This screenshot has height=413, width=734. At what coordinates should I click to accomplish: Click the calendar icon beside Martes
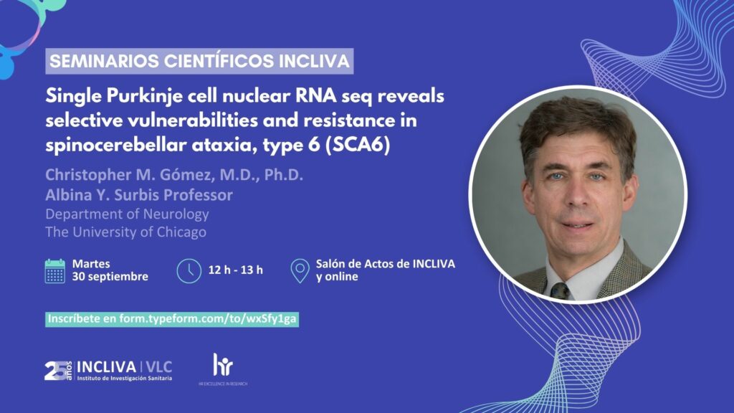point(54,271)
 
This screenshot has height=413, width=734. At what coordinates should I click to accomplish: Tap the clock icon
point(189,270)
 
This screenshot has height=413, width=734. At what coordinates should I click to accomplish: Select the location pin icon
point(300,270)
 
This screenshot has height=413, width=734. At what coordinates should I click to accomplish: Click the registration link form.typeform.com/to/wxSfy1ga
point(208,319)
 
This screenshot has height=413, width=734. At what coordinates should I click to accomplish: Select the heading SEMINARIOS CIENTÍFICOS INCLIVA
point(199,61)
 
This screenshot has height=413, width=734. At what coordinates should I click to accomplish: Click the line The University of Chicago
point(126,232)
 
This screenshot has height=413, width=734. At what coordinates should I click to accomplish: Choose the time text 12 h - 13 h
point(235,270)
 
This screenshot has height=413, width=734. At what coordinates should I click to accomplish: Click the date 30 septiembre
point(110,277)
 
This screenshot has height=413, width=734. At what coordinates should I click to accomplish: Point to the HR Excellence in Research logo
point(223,369)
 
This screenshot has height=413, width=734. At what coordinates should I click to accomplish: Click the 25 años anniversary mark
point(59,371)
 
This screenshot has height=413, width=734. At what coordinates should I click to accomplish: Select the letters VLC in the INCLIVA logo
point(159,367)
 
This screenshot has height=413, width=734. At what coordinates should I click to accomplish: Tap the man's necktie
point(561,291)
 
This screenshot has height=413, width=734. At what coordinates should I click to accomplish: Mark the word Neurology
point(176,214)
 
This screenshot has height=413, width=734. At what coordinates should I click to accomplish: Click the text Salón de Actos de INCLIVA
point(385,264)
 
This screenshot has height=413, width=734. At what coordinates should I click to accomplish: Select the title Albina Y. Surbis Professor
point(139,195)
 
